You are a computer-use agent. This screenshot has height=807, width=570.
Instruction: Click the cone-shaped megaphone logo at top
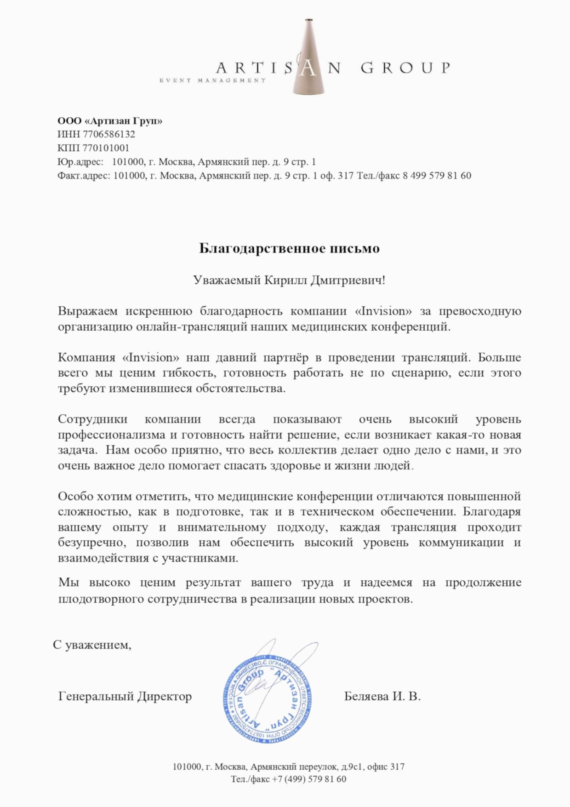point(309,57)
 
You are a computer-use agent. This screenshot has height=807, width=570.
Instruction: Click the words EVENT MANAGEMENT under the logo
point(212,80)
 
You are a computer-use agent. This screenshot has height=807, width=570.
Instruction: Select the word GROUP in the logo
point(405,68)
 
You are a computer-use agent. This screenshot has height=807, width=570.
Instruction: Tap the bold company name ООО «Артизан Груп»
point(110,121)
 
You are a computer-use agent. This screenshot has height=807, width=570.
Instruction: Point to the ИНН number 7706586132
point(109,134)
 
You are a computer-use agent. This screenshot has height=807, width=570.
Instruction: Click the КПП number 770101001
point(106,148)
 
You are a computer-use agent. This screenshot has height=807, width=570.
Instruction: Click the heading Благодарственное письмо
point(289,248)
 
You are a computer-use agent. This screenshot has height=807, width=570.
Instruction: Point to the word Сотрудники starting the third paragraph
point(92,419)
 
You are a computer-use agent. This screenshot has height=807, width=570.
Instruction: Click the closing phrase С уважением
point(92,645)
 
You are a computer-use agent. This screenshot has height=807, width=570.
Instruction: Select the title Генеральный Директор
point(125,696)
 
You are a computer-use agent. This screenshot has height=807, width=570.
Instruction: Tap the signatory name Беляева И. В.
point(382,696)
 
